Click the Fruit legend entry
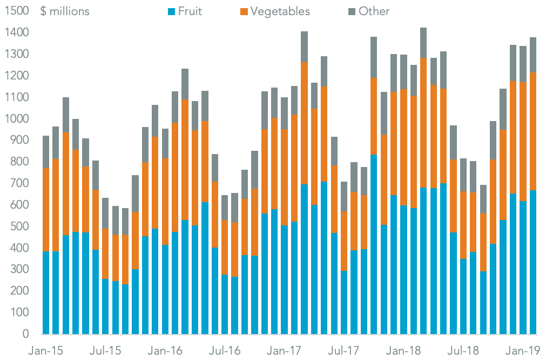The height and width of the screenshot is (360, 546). (189, 11)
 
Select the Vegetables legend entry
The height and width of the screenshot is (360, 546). (279, 11)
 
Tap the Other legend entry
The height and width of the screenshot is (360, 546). (373, 11)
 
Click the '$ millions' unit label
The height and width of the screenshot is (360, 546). (65, 11)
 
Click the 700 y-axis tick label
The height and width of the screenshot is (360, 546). (18, 183)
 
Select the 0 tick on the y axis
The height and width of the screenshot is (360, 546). (24, 334)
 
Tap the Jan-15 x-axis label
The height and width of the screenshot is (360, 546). (45, 350)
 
